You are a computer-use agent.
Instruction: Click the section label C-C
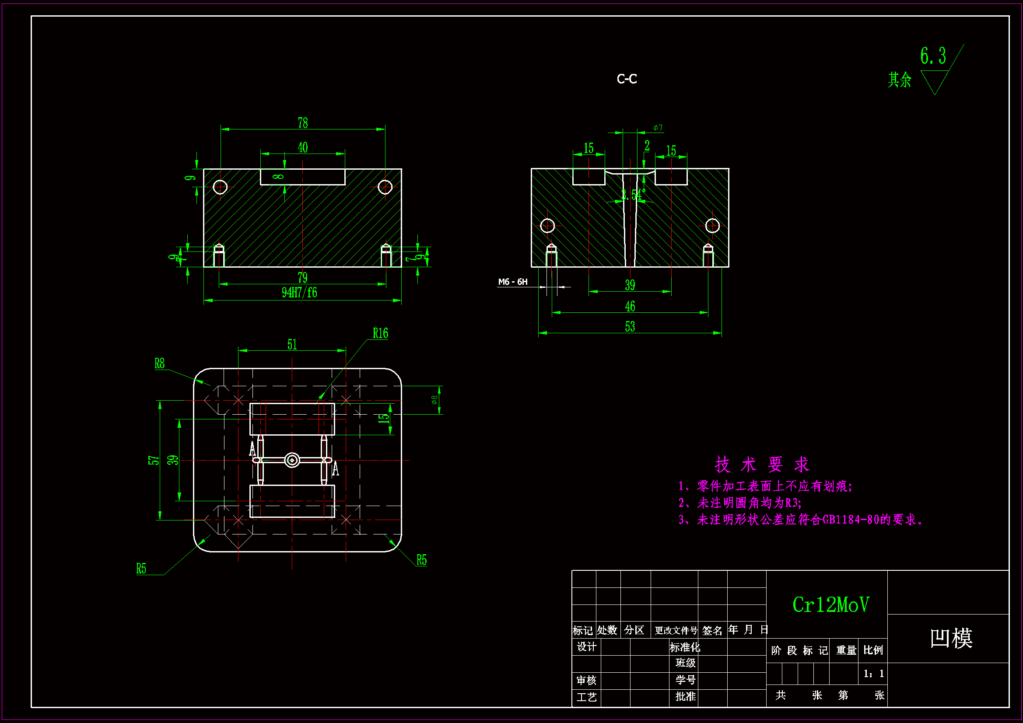point(627,79)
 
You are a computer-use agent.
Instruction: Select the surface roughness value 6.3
point(932,56)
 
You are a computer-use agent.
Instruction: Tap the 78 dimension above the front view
point(302,122)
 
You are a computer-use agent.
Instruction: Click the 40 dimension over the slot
point(302,147)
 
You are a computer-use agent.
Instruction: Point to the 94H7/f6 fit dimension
point(299,293)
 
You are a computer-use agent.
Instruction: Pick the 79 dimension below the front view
point(302,278)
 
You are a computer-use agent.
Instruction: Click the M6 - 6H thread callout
point(512,282)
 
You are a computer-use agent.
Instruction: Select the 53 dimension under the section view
point(630,327)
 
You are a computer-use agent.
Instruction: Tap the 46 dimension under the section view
point(630,306)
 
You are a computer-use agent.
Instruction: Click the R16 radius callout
point(380,333)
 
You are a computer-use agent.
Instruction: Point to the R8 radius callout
point(159,363)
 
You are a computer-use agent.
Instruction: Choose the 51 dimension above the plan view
point(292,344)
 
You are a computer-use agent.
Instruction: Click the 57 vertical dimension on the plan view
point(153,460)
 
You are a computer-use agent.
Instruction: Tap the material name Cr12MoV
point(830,604)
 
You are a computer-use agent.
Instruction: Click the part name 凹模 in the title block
point(951,638)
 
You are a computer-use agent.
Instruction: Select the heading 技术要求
point(762,465)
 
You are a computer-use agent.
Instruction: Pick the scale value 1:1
point(874,674)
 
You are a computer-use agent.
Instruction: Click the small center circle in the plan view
point(292,460)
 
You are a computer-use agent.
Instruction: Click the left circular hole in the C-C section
point(547,226)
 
